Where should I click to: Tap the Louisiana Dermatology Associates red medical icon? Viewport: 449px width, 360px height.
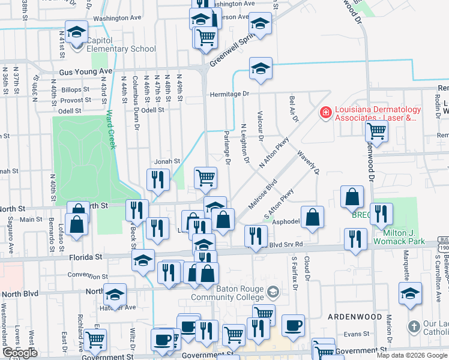[325, 112]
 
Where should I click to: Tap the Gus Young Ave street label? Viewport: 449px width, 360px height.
[85, 71]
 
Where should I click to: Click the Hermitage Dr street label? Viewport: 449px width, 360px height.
[229, 94]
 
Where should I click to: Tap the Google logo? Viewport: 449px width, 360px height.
[20, 353]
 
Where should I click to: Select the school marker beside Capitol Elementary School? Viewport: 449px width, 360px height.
[77, 32]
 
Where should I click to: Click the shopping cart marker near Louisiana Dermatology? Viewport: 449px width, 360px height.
[376, 130]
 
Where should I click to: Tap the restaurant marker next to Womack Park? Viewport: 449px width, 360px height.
[381, 214]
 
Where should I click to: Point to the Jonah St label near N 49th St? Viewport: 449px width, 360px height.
[168, 161]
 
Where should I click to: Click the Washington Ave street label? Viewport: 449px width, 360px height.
[116, 18]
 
